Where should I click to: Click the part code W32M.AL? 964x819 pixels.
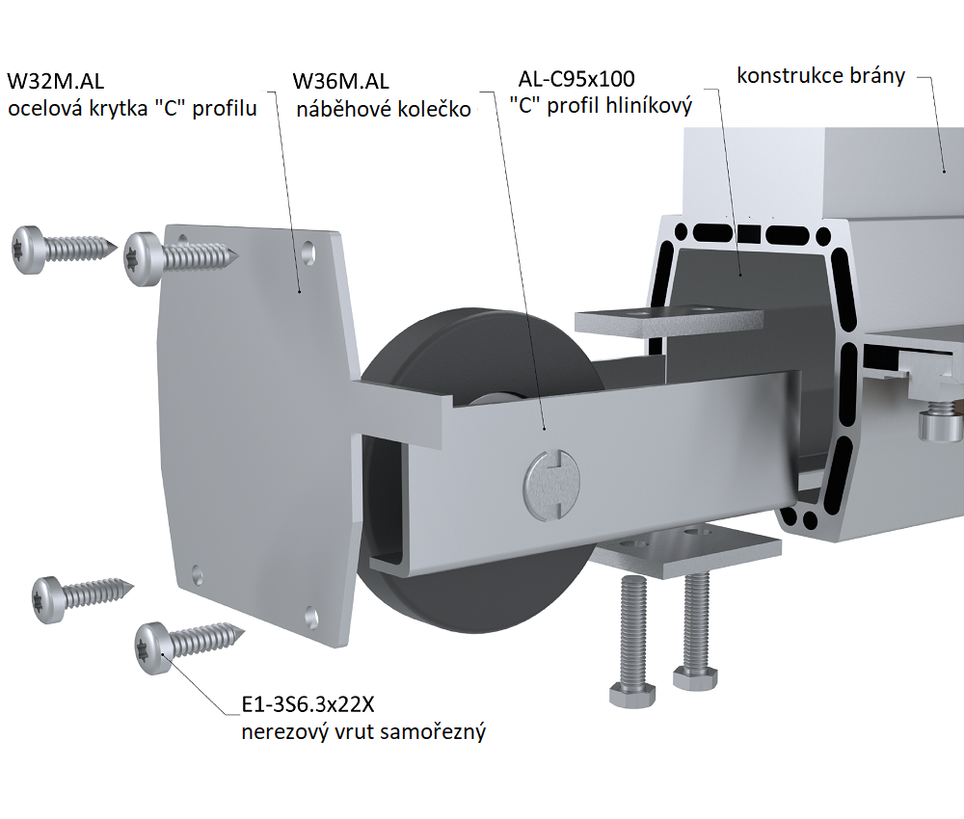coord(55,81)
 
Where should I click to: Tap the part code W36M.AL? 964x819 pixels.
coord(340,81)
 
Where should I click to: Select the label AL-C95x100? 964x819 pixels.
coord(576,79)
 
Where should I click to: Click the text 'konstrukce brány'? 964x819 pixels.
coord(820,76)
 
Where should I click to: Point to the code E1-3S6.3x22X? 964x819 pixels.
coord(308,704)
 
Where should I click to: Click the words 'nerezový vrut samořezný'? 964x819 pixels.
coord(363,732)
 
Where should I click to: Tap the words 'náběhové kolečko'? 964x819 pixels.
coord(384,109)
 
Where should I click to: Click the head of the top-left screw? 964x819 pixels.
coord(28,250)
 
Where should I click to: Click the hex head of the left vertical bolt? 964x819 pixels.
coord(632,694)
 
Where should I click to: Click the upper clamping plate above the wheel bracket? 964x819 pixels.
coord(669,321)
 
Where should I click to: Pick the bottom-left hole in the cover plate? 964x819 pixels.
coord(198,575)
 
